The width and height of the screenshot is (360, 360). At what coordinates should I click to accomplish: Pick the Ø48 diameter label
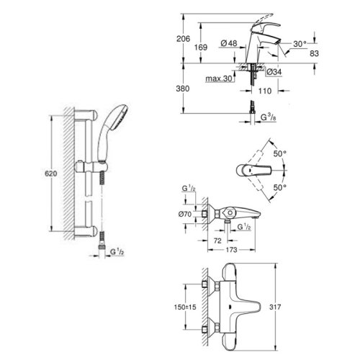[230, 44]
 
